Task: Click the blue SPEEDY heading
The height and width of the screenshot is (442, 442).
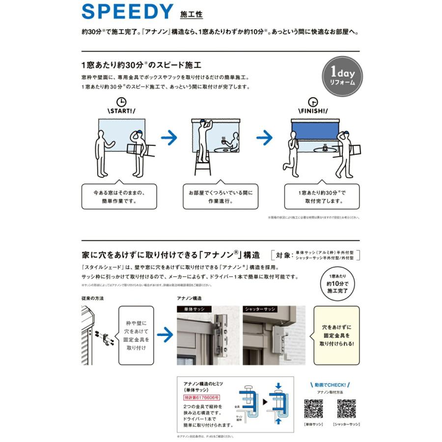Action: [127, 11]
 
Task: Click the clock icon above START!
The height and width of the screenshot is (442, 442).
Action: [121, 102]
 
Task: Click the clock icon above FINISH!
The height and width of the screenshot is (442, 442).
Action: [313, 102]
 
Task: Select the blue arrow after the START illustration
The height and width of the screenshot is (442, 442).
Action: [169, 138]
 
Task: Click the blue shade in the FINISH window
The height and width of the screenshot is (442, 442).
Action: [315, 131]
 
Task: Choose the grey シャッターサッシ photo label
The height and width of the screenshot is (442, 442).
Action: [260, 309]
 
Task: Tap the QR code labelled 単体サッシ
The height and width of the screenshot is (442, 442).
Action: [313, 409]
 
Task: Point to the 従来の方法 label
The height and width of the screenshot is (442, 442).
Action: [92, 298]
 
